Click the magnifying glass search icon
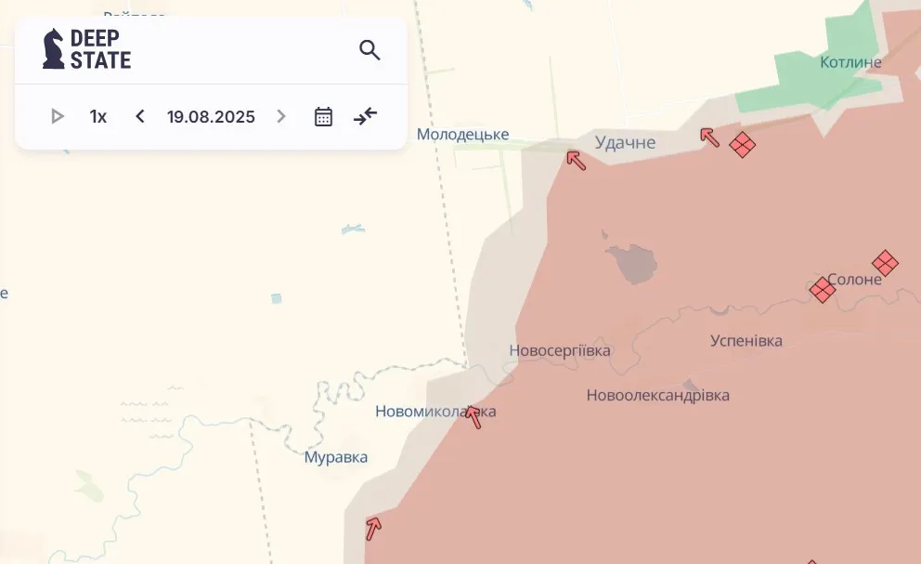(x=370, y=50)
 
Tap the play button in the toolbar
(x=58, y=116)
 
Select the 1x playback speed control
(x=98, y=116)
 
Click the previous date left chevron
(x=140, y=116)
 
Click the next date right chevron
(x=281, y=116)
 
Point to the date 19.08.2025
(x=211, y=117)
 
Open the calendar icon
(x=323, y=116)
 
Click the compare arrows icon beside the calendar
(x=366, y=116)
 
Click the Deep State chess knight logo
(x=54, y=49)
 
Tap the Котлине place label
(x=850, y=62)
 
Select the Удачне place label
(x=625, y=142)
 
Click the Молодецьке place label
(x=462, y=135)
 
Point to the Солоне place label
(x=854, y=279)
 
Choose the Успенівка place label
(x=746, y=340)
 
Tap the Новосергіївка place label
(x=560, y=350)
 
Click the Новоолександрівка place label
(x=657, y=395)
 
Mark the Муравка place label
(x=336, y=457)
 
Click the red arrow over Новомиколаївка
(x=473, y=416)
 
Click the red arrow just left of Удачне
(x=577, y=160)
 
